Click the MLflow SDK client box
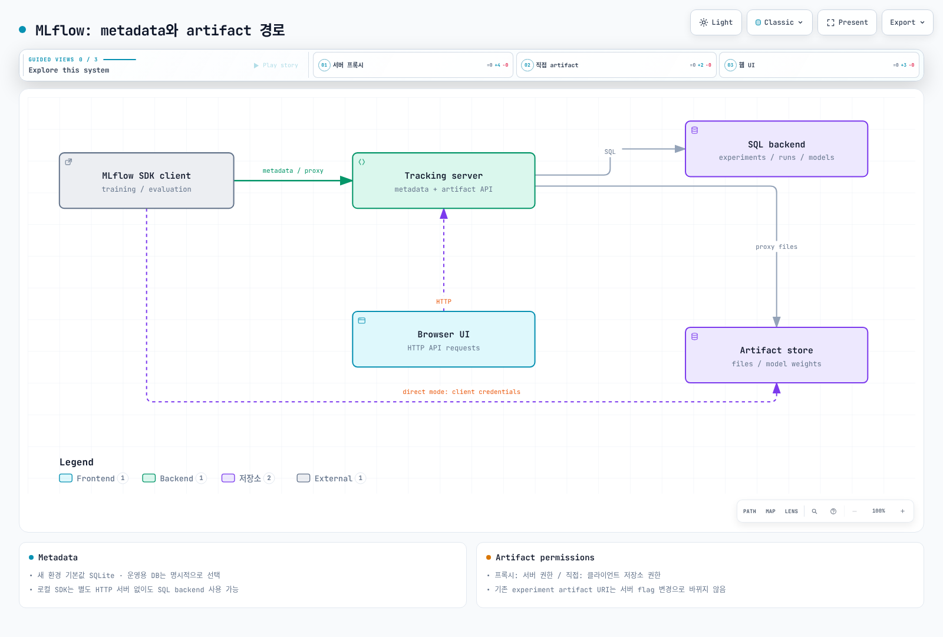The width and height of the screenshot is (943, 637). [147, 180]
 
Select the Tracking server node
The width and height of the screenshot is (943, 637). [444, 180]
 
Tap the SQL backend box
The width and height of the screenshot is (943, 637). [776, 149]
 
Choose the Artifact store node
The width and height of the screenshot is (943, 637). [776, 355]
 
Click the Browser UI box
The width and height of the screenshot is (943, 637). [444, 339]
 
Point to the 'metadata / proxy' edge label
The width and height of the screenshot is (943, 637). [293, 170]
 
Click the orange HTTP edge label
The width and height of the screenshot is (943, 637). [444, 301]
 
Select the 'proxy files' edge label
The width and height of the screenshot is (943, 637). [776, 247]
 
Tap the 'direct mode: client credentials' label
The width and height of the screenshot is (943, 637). [461, 392]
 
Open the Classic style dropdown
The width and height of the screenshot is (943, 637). [779, 22]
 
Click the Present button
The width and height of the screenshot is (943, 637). [847, 22]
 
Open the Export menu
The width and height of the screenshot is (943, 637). [907, 22]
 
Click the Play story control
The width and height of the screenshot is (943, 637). [276, 65]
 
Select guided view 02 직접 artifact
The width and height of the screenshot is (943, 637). [616, 65]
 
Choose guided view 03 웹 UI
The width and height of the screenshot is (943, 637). [819, 65]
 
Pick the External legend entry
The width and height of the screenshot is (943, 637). [331, 478]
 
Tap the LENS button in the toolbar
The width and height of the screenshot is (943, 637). [791, 511]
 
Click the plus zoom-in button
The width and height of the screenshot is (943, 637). [902, 511]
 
